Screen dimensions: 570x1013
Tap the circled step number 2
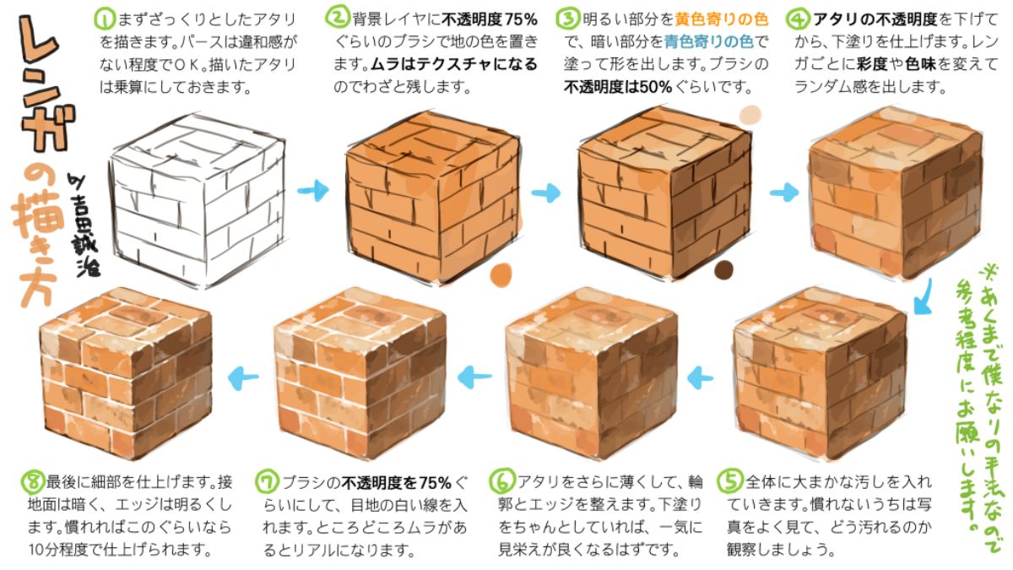pyautogui.click(x=338, y=18)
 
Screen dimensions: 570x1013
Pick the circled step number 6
pyautogui.click(x=501, y=482)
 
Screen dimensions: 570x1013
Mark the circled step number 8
pyautogui.click(x=32, y=482)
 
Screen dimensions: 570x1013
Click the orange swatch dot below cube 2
pyautogui.click(x=501, y=273)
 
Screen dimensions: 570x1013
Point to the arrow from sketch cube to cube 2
pyautogui.click(x=314, y=191)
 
